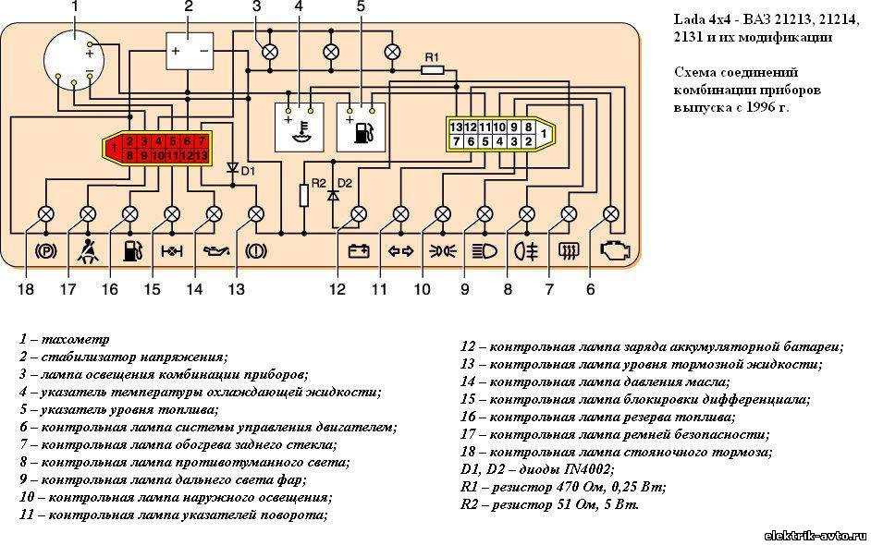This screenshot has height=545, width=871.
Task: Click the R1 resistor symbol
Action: pos(433,70)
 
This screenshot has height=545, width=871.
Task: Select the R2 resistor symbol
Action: pos(304,195)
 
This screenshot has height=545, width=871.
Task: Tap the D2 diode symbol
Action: pos(333,195)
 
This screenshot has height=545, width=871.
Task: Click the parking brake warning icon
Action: pos(46,252)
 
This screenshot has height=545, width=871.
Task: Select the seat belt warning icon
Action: pos(89,251)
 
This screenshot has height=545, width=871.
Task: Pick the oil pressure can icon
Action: pos(215,252)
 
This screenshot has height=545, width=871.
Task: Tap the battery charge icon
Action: pos(358,251)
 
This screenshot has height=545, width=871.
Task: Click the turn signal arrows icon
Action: pos(400,252)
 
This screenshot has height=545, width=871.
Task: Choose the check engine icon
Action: pos(615,251)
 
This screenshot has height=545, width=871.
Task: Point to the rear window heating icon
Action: pos(569,252)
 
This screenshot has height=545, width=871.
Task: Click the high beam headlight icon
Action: pos(485,252)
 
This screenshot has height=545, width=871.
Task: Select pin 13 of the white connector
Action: pos(456,127)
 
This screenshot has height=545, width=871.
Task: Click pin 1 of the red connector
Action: pos(114,148)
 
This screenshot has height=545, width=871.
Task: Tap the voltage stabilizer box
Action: pos(190,51)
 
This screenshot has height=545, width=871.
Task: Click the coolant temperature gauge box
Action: pos(299,127)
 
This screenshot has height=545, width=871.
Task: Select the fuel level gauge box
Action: pos(361,127)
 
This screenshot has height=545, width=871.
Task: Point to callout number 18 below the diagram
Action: pos(26,289)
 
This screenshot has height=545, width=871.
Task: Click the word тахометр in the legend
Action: pos(76,339)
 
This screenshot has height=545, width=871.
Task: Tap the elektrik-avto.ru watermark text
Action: pos(815,536)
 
